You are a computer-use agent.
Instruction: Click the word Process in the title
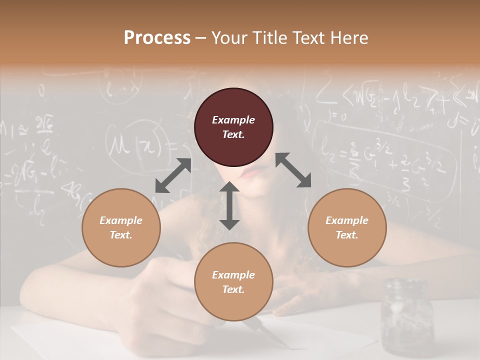coord(157,38)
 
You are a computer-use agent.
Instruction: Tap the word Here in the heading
coord(349,38)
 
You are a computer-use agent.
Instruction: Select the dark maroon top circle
coord(233,127)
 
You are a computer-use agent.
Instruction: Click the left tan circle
coord(121,227)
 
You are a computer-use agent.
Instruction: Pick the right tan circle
coord(347,227)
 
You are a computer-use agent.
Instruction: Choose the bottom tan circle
coord(233,282)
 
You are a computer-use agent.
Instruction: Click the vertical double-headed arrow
coord(229,205)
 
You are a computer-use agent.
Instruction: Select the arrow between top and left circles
coord(173,175)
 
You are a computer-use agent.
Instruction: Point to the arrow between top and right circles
coord(293,170)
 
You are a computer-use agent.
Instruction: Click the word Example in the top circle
coord(233,120)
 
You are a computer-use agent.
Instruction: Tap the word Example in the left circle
coord(121,220)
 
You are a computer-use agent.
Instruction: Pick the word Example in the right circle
coord(347,220)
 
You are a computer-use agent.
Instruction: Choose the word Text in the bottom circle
coord(233,289)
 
